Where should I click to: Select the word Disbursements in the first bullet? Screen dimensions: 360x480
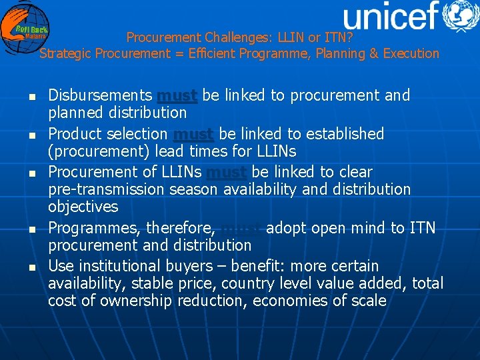pos(100,95)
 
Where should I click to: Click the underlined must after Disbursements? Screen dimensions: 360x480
pos(177,95)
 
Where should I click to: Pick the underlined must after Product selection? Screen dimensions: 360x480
pos(193,134)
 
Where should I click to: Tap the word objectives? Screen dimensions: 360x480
pos(83,207)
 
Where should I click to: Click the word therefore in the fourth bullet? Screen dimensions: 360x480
pos(179,229)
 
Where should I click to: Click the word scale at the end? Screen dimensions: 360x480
pos(369,301)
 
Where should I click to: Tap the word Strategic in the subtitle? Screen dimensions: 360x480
pos(66,53)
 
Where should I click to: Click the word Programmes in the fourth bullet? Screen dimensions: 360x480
pos(94,229)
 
